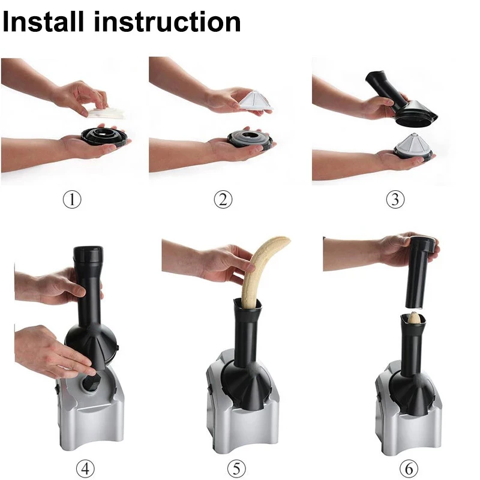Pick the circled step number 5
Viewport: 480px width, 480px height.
(236, 467)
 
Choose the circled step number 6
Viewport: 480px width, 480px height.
(409, 467)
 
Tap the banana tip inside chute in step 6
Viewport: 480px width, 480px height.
(414, 317)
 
